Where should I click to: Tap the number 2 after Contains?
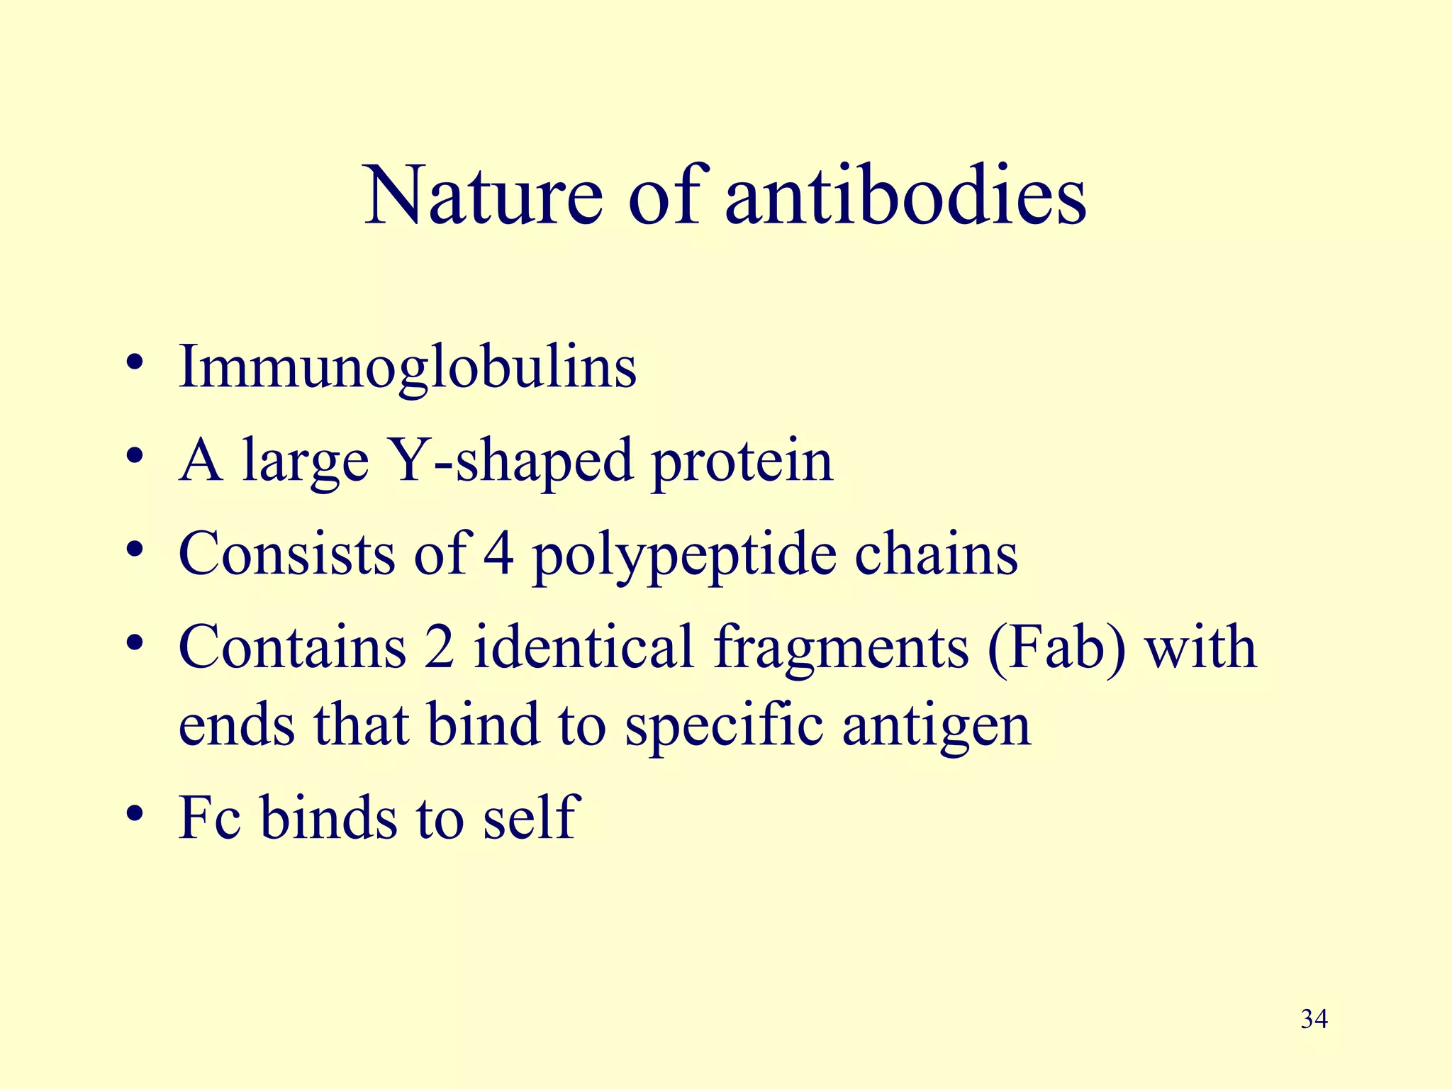tap(440, 647)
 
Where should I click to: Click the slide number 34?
tap(1314, 1020)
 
